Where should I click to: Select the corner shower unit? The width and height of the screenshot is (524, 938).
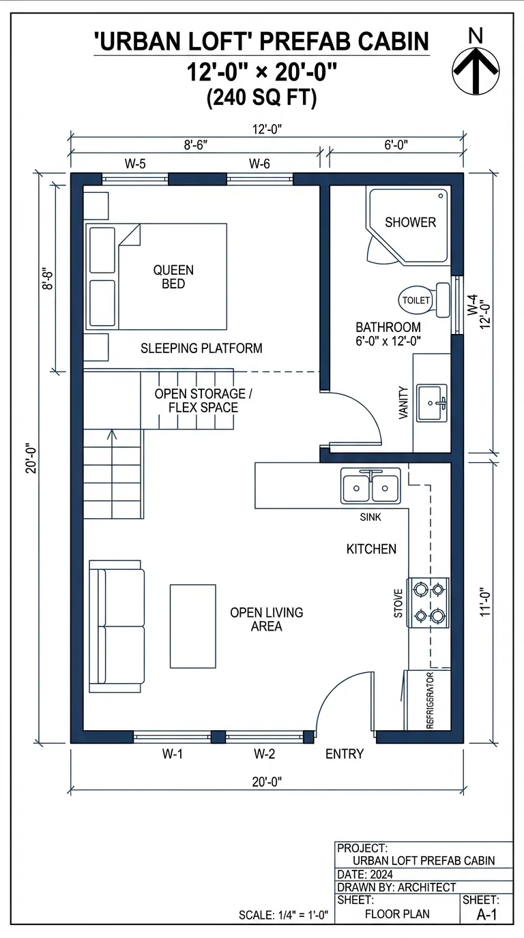pos(410,223)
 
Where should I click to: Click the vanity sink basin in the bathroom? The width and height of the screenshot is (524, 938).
pos(431,403)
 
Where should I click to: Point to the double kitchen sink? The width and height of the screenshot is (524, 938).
pos(370,487)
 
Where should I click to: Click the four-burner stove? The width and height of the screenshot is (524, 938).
pos(428,603)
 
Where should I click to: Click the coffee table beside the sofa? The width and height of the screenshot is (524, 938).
pos(193,626)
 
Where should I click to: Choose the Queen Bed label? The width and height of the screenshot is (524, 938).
pos(173,277)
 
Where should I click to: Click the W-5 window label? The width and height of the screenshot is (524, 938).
pos(134,164)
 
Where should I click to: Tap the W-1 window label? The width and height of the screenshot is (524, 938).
pos(173,754)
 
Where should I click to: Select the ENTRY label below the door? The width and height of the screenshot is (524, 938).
pos(345,754)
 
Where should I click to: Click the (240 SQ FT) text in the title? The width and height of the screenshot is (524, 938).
pos(261,98)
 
